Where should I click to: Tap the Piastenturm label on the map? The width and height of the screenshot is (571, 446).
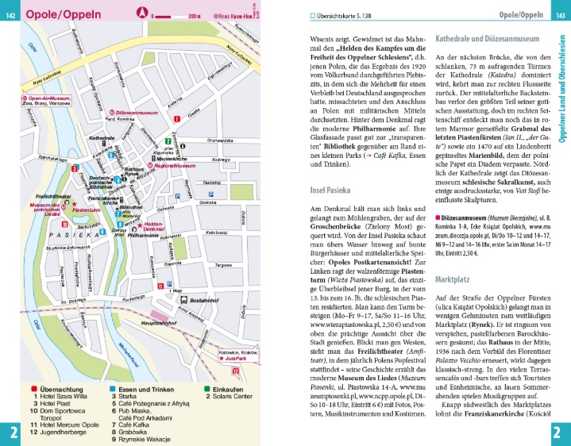click(x=98, y=210)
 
